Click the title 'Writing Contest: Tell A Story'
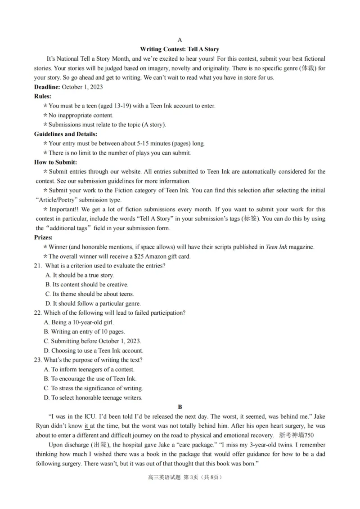(x=180, y=49)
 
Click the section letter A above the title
(x=180, y=40)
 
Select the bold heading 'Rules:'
(x=43, y=96)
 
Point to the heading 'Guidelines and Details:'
(x=66, y=134)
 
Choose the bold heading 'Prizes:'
(x=44, y=237)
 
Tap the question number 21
(x=38, y=266)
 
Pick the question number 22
(x=38, y=313)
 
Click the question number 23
(x=38, y=360)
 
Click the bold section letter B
(x=180, y=406)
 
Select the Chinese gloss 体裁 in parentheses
(x=308, y=68)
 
